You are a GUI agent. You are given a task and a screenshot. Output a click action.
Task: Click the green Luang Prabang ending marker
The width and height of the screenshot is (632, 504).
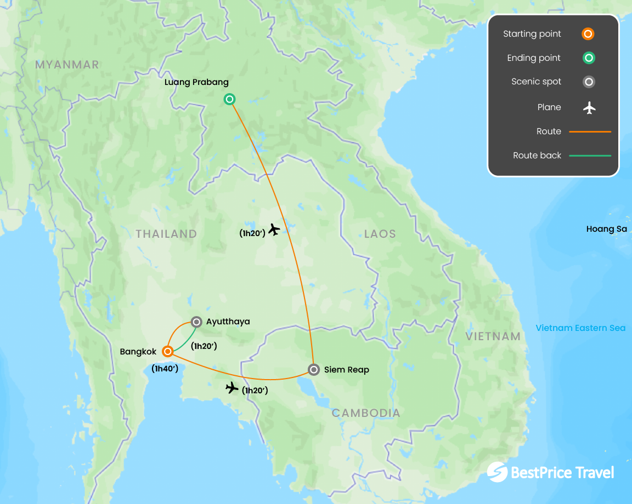(x=230, y=99)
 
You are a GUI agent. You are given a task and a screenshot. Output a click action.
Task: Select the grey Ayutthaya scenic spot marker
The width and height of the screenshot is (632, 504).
(x=196, y=322)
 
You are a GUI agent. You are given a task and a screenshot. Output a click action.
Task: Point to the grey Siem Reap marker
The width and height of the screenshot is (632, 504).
(x=313, y=370)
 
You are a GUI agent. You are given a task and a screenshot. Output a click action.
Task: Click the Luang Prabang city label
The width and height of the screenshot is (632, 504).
(x=196, y=82)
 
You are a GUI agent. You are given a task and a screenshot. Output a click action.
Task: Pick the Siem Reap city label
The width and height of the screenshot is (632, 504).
(x=347, y=370)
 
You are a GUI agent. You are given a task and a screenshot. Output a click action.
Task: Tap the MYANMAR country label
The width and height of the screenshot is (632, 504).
(x=67, y=65)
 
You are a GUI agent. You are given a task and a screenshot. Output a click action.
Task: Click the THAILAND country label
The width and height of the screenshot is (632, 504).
(x=166, y=234)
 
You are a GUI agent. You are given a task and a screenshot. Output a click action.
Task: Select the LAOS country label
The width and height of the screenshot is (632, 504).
(x=380, y=234)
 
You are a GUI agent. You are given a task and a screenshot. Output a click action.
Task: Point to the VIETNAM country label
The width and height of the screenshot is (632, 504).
(x=493, y=336)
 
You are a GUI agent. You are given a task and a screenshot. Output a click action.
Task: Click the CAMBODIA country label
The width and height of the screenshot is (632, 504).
(x=366, y=413)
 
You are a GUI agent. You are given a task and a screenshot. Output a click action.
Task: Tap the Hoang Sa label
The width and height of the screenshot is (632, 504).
(x=606, y=229)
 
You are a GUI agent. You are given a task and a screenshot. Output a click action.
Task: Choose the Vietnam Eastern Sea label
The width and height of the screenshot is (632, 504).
(x=580, y=328)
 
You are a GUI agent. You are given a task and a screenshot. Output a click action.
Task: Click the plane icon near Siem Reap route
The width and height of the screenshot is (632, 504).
(x=232, y=388)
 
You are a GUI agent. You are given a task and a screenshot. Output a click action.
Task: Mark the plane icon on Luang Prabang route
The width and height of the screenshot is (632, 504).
(x=274, y=230)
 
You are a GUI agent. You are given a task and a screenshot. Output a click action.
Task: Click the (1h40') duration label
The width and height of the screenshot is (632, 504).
(x=165, y=369)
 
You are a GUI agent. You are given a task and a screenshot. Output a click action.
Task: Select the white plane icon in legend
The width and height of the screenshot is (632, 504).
(x=589, y=108)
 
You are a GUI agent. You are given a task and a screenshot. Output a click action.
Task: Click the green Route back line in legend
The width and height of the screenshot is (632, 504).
(x=590, y=156)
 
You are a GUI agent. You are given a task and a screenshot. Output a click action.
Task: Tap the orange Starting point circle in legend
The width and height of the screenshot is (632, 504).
(x=588, y=34)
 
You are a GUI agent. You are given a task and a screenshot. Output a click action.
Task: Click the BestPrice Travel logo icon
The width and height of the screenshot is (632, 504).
(x=497, y=472)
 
